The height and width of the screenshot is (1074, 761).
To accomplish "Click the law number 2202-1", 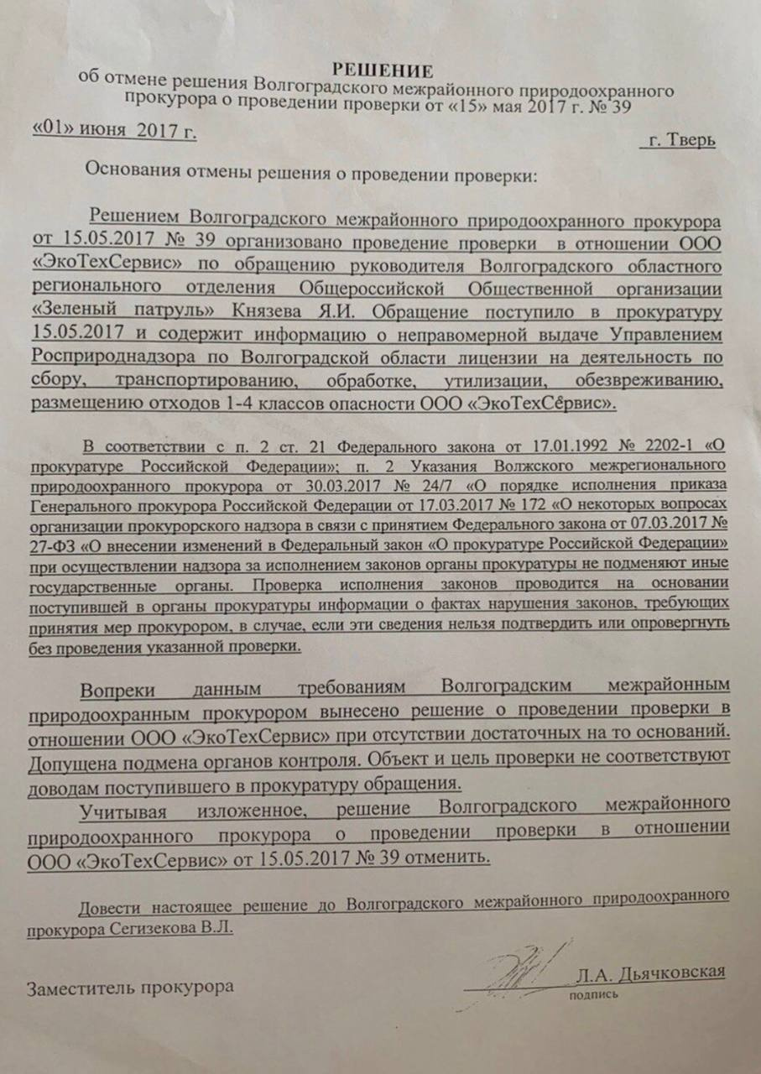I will tap(662, 445).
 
